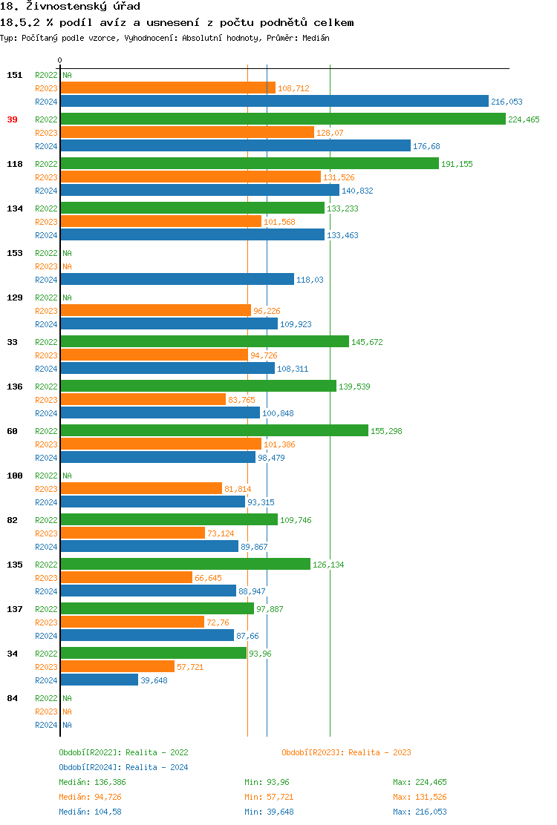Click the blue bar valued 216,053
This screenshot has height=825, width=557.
274,102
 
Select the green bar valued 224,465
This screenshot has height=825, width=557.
282,119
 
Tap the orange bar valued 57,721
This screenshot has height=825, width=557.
117,666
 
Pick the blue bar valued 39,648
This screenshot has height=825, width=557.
99,680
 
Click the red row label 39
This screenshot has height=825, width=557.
12,119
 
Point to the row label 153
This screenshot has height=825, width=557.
15,253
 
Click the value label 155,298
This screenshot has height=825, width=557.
386,431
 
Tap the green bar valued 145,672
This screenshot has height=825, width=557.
204,341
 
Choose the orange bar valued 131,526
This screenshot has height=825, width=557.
190,177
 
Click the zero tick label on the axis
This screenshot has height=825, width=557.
60,60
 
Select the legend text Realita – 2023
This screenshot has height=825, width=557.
380,752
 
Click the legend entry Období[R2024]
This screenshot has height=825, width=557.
90,767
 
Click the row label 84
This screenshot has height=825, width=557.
12,698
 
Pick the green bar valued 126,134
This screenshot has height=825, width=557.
185,564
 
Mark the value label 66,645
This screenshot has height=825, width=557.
208,578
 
